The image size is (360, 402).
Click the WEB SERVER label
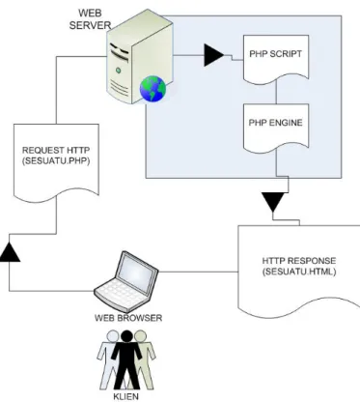point(90,19)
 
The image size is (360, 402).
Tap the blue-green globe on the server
point(152,89)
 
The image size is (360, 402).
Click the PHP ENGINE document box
point(276,129)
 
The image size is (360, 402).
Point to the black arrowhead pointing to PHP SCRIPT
point(214,55)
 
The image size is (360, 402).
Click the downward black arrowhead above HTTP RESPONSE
point(272,202)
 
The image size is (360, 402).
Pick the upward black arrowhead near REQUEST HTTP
point(10,251)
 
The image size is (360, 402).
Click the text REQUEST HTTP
point(56,150)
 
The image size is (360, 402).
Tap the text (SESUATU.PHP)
point(56,161)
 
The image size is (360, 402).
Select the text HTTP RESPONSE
point(299,261)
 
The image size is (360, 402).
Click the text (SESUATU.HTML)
point(299,272)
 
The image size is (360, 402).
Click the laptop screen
point(135,271)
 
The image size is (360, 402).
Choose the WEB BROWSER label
point(128,318)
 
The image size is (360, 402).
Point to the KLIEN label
point(125,396)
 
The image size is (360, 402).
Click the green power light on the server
point(119,70)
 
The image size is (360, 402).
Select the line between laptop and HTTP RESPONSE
point(198,273)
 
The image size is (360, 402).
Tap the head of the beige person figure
point(141,336)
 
